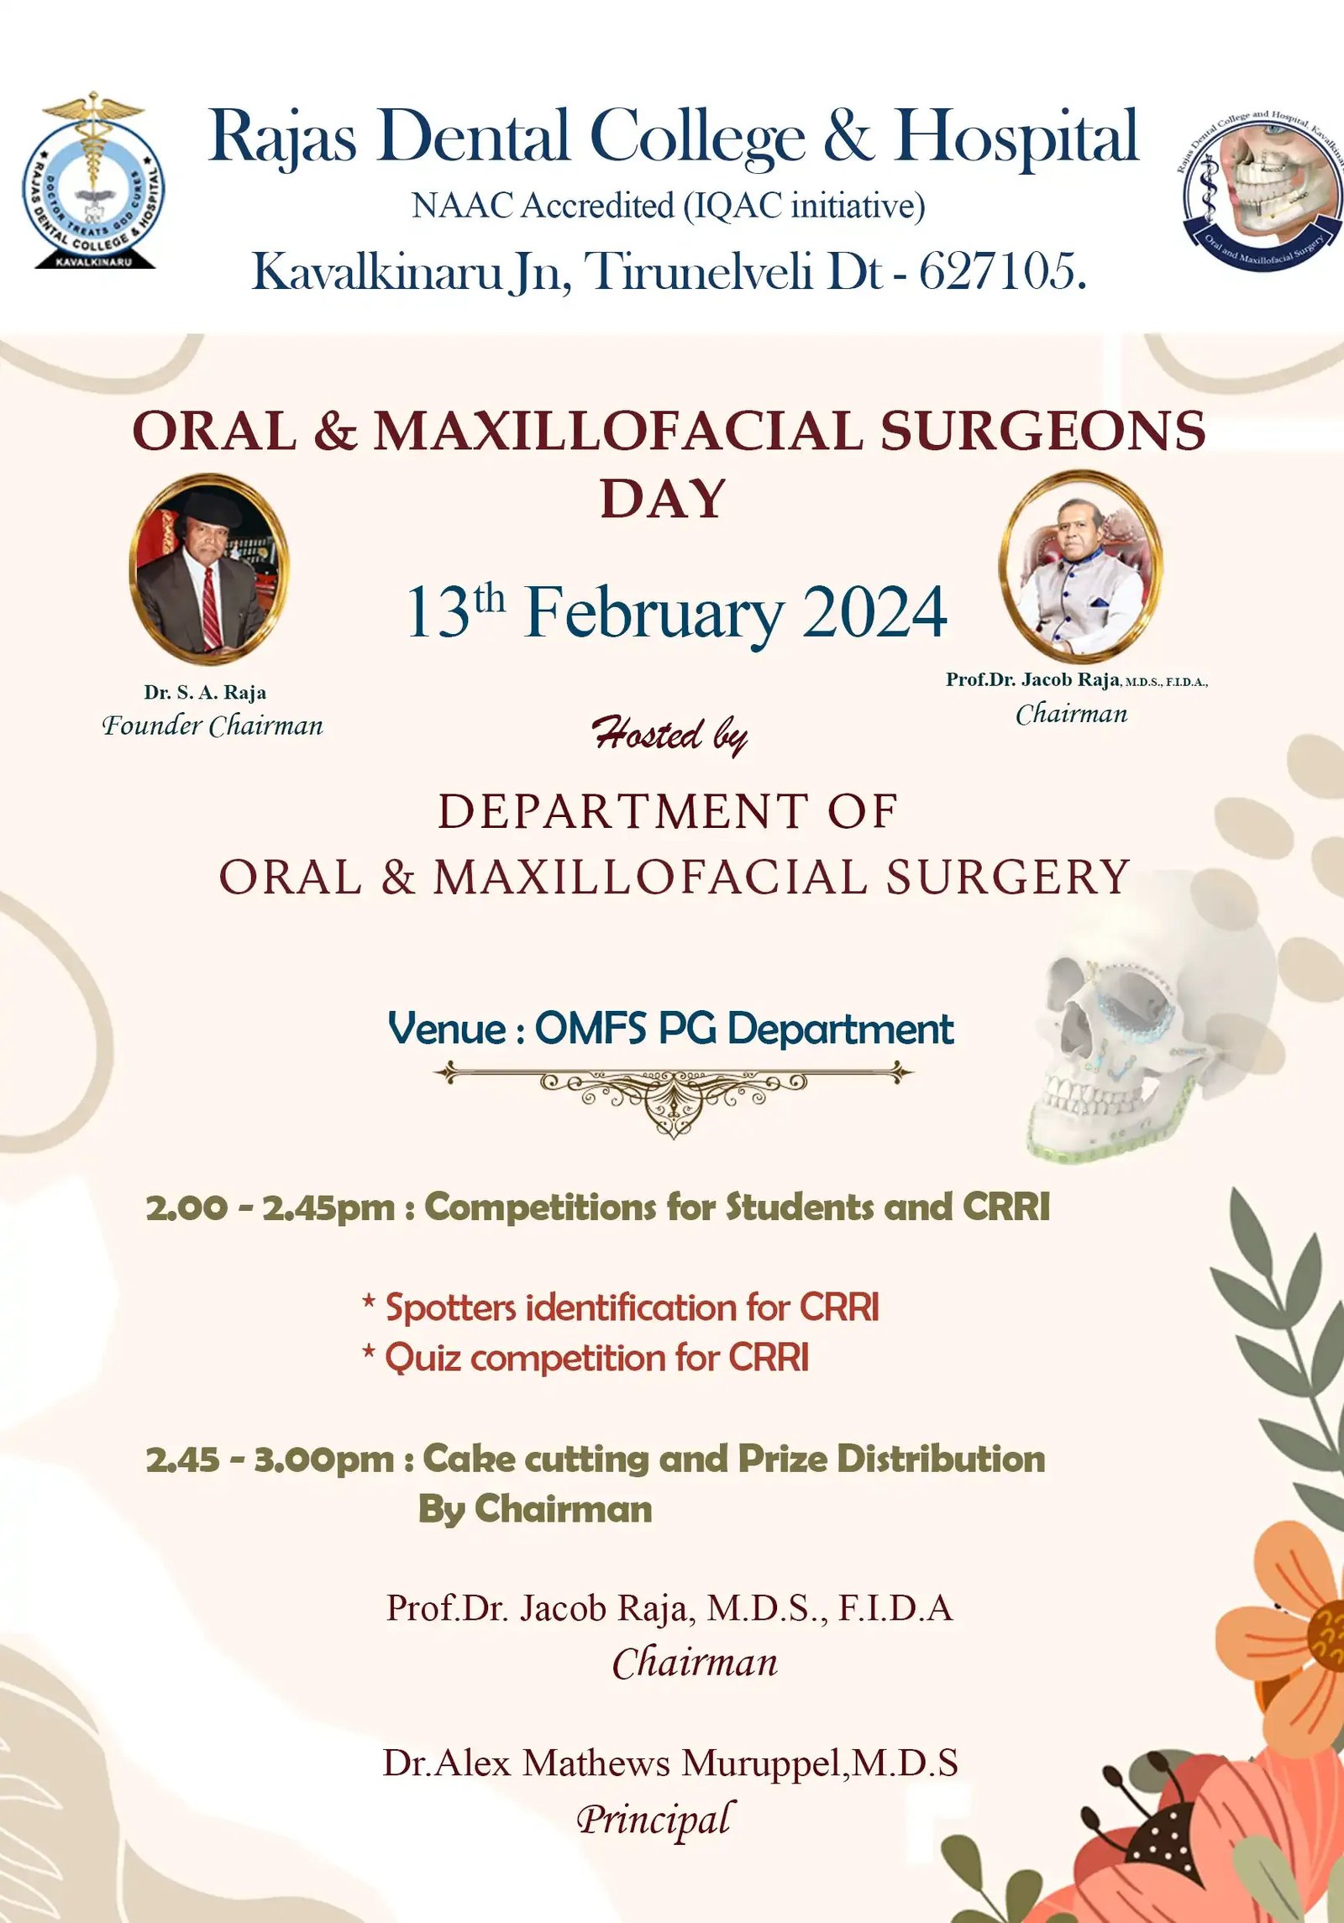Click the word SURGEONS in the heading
[1042, 432]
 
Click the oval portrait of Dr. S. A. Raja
[208, 570]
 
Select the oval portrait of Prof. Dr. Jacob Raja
[1080, 563]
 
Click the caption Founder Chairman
[213, 726]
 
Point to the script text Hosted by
[669, 736]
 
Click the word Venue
[447, 1030]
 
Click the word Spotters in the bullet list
[450, 1308]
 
